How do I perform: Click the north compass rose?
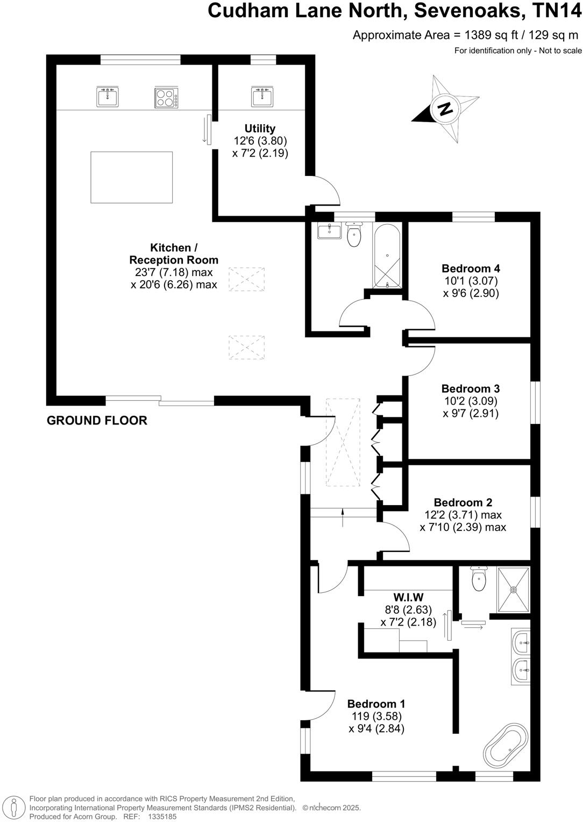coord(445,109)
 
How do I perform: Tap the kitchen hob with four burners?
coord(167,97)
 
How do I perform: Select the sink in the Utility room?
coord(262,97)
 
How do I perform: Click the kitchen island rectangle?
coord(132,177)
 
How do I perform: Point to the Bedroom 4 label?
coord(471,268)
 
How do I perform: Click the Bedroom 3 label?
coord(471,388)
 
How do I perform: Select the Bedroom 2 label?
coord(463,502)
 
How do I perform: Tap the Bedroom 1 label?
coord(376,704)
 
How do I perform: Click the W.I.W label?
coord(408,597)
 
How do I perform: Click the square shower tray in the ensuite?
coord(514,590)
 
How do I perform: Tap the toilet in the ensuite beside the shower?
coord(478,578)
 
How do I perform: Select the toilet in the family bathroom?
coord(354,235)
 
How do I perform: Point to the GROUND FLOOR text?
coord(97,421)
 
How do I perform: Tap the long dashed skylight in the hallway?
coord(343,442)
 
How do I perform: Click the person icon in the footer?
coord(14,807)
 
